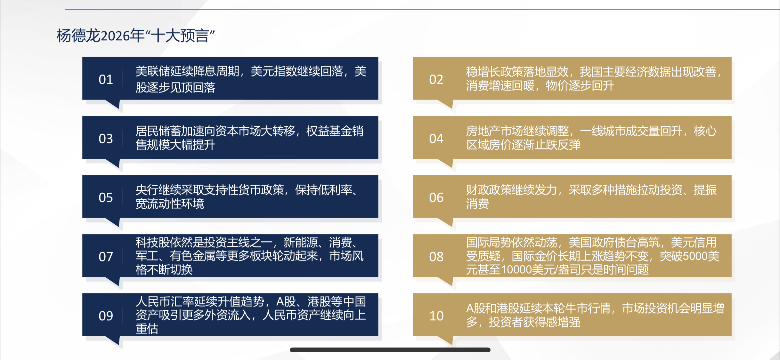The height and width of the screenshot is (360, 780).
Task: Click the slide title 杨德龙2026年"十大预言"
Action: pyautogui.click(x=135, y=36)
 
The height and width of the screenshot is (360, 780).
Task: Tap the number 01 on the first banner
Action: pyautogui.click(x=106, y=79)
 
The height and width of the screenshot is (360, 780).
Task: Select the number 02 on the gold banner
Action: pyautogui.click(x=436, y=79)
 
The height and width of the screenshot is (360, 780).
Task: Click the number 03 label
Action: pyautogui.click(x=106, y=139)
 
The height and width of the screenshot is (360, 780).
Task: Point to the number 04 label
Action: pyautogui.click(x=436, y=139)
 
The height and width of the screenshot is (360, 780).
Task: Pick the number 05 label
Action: pyautogui.click(x=106, y=197)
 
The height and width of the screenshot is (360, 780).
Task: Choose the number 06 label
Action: pyautogui.click(x=436, y=197)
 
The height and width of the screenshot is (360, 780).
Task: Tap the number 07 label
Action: pyautogui.click(x=106, y=257)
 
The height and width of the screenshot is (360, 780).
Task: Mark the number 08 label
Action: pyautogui.click(x=436, y=257)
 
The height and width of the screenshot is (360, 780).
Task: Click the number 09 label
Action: pyautogui.click(x=106, y=316)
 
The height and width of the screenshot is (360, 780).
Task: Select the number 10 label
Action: pyautogui.click(x=436, y=316)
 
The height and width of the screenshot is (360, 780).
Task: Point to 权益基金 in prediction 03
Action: pyautogui.click(x=329, y=131)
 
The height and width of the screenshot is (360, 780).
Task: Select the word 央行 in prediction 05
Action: pyautogui.click(x=147, y=190)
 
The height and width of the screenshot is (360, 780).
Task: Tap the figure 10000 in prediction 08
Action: pyautogui.click(x=516, y=270)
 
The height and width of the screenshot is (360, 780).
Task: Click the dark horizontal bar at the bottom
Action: pyautogui.click(x=390, y=350)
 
